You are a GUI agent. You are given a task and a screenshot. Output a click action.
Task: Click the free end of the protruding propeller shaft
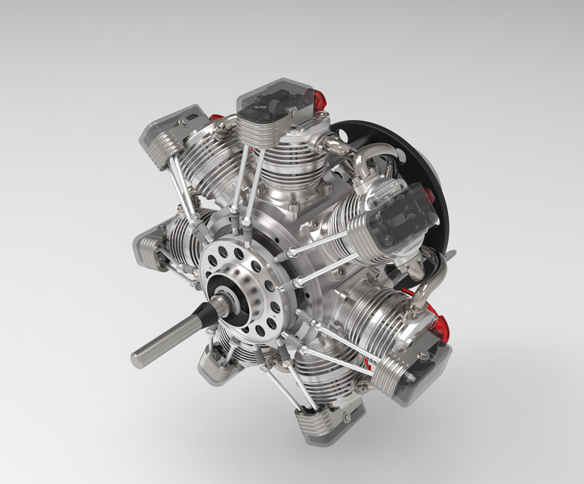pyautogui.click(x=139, y=353)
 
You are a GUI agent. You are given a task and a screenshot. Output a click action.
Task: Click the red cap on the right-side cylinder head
pyautogui.click(x=428, y=199)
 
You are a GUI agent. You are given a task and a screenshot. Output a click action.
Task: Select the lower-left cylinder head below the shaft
pyautogui.click(x=219, y=364)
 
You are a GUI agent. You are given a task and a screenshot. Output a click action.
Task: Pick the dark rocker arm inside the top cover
pyautogui.click(x=268, y=106)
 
